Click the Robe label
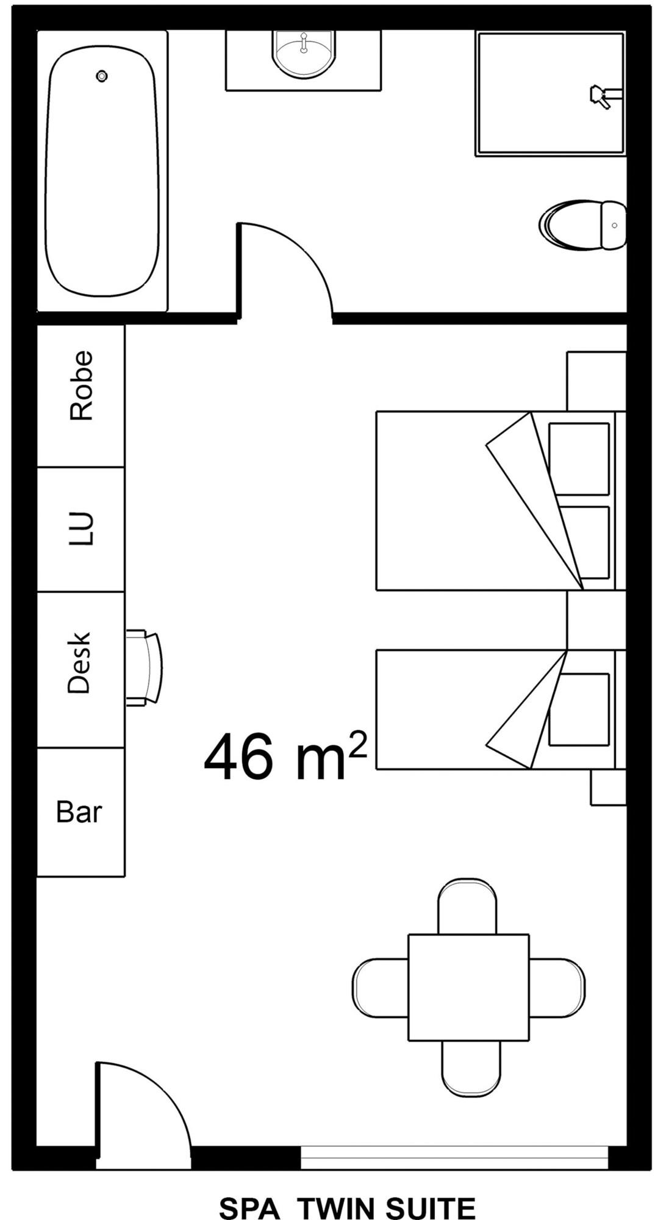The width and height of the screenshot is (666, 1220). click(81, 385)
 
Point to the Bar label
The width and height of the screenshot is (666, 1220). click(79, 812)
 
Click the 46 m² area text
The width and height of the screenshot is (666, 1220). click(285, 756)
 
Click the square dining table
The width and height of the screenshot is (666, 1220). click(468, 987)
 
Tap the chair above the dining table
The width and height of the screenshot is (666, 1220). click(468, 906)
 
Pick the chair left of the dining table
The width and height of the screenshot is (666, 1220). click(381, 988)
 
